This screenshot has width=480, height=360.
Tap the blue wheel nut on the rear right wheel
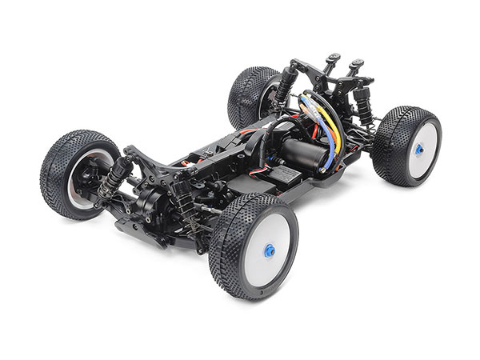[418, 148]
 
